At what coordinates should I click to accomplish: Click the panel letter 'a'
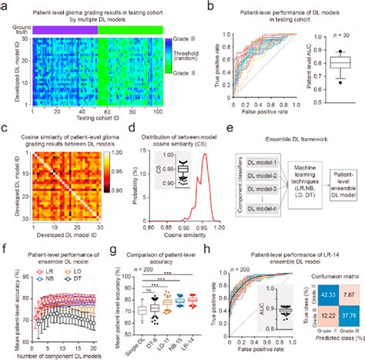[6, 6]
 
